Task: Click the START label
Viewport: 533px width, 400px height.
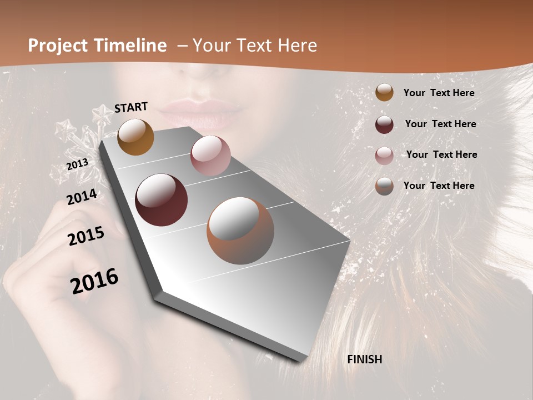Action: (131, 107)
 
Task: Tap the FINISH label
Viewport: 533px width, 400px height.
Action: (365, 359)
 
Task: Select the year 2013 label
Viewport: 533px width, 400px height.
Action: (77, 164)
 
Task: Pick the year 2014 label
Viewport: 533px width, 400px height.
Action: (82, 197)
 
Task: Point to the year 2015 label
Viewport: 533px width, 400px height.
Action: (86, 237)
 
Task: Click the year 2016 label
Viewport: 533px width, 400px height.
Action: (94, 281)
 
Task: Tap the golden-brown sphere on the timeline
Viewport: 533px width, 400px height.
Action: (135, 137)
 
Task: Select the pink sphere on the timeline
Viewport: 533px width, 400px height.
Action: (210, 156)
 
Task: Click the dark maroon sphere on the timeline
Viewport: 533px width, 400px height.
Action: (162, 200)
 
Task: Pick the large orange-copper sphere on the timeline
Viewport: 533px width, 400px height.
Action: (240, 231)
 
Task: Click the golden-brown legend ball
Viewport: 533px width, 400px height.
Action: (384, 93)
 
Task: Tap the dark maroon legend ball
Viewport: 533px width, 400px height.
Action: (384, 124)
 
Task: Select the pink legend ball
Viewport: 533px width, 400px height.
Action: (384, 156)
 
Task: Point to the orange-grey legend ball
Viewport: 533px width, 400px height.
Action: (384, 186)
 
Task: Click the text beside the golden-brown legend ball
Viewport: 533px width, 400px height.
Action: (439, 93)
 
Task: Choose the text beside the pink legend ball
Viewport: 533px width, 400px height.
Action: (441, 154)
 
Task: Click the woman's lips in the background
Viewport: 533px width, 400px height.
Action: (201, 114)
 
